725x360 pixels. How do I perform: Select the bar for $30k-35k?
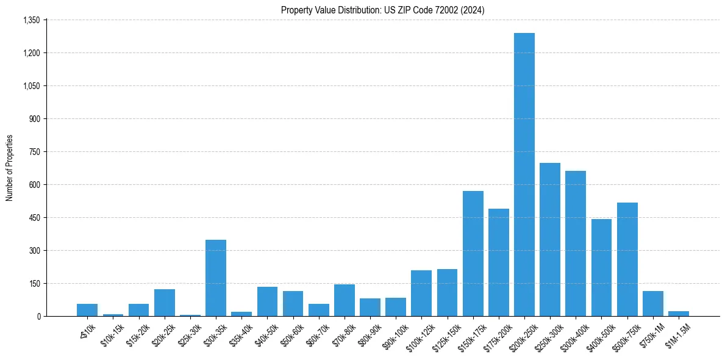click(216, 278)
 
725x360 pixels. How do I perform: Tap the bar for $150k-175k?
click(473, 253)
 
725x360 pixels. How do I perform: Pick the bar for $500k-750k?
click(627, 259)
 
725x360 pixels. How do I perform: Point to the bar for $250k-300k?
click(550, 239)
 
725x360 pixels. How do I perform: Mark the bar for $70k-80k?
click(345, 300)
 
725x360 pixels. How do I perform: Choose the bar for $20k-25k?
click(165, 303)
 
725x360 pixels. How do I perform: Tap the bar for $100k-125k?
click(421, 293)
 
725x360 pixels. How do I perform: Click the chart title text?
click(383, 10)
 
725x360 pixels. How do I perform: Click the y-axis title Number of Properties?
click(10, 168)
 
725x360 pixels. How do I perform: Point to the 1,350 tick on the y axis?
click(31, 20)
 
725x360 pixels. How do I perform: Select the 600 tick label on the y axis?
click(34, 185)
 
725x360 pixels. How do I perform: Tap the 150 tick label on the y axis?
click(34, 284)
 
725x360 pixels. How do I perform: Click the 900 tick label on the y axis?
click(34, 119)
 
